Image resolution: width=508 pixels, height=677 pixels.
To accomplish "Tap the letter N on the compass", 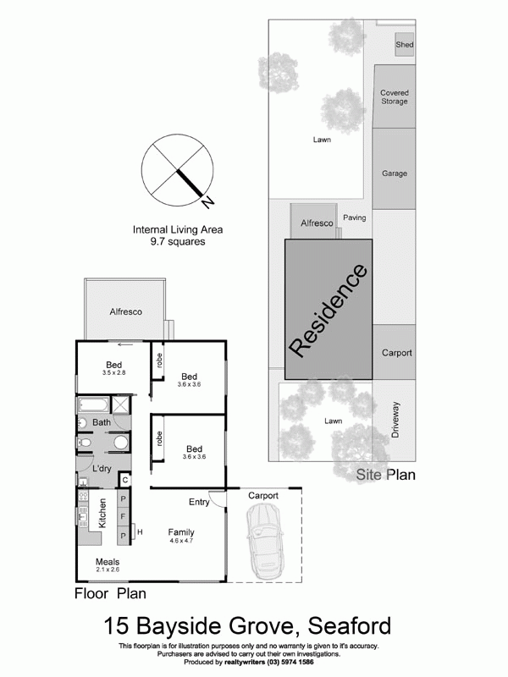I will [x=208, y=201].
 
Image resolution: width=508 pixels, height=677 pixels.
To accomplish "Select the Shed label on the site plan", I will [x=404, y=45].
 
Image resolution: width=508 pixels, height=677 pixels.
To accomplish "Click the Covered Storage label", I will [x=394, y=96].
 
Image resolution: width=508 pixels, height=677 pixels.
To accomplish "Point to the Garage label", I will [x=394, y=173].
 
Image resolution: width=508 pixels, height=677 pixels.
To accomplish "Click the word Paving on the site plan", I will [x=354, y=217].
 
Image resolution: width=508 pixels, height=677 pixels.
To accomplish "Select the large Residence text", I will [x=329, y=310].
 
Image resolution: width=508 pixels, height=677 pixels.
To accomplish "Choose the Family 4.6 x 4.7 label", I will [x=181, y=536].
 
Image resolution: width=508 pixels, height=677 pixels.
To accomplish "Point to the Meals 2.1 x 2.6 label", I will [x=107, y=565].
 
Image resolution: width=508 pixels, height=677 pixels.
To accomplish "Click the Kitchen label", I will [x=102, y=514].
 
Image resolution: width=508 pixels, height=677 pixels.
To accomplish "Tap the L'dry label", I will [x=102, y=469].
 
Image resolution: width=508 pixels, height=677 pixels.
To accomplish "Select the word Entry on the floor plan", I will [x=199, y=502].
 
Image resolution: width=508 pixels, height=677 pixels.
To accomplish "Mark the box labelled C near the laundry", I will [x=124, y=480].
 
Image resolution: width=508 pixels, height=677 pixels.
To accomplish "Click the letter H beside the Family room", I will [x=140, y=531].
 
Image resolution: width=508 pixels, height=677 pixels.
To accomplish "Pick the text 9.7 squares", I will [x=177, y=241].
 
